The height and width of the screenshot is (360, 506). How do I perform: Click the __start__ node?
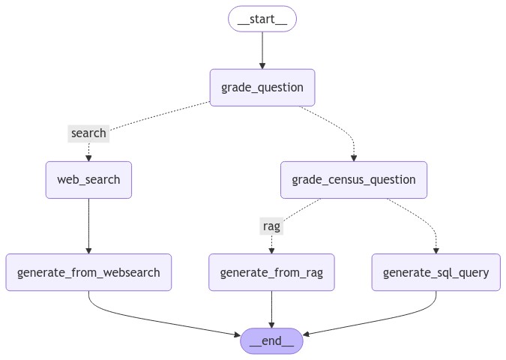point(262,19)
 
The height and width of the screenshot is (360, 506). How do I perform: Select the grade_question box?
point(262,88)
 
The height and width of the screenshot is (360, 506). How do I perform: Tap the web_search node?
point(88,180)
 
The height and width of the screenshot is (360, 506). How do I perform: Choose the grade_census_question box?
point(354,180)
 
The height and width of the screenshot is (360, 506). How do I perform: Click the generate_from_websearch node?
point(88,272)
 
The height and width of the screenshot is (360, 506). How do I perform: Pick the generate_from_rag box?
point(271,272)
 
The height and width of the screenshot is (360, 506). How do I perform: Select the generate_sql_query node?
point(436,272)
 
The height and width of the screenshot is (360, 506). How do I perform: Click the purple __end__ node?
point(271,341)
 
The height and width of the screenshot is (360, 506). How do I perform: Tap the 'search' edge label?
point(88,133)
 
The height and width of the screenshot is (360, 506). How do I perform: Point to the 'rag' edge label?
point(271,226)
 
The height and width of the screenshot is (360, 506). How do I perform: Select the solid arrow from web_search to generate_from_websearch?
point(88,226)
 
